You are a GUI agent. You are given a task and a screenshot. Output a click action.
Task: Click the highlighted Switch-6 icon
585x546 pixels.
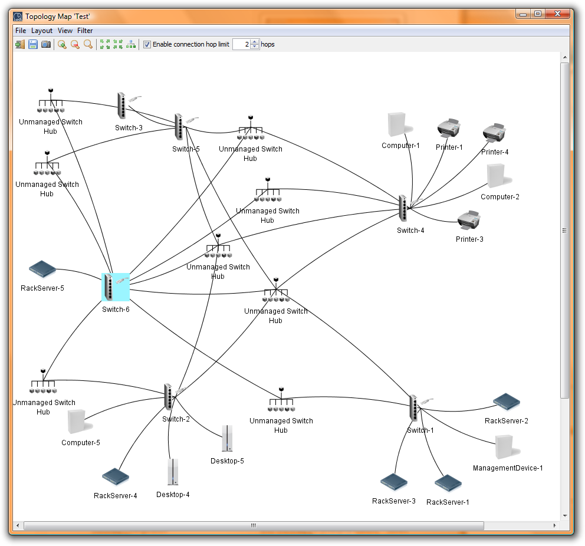point(115,288)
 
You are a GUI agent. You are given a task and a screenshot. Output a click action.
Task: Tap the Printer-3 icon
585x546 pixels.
point(469,220)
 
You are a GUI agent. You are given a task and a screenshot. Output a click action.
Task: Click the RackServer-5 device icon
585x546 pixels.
point(42,270)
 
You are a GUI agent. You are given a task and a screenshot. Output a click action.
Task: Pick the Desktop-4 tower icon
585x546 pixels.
point(172,472)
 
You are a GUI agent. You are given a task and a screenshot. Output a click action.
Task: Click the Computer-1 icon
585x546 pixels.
point(399,125)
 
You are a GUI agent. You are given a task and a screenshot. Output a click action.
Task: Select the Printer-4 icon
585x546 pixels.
point(494,133)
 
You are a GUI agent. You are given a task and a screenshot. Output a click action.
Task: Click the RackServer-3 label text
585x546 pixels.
point(393,501)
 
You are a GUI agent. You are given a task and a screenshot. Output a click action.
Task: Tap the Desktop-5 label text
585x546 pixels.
point(227,461)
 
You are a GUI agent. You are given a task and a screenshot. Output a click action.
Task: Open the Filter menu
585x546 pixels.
point(85,31)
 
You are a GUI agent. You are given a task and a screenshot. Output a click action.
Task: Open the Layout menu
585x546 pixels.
point(42,31)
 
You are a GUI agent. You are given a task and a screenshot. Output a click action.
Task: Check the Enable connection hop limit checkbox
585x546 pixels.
point(147,44)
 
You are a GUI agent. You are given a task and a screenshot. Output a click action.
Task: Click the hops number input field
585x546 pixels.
point(241,44)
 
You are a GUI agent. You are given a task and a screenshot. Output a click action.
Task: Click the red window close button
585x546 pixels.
point(557,13)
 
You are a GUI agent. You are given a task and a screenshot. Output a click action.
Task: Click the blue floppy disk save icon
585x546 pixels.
point(33,44)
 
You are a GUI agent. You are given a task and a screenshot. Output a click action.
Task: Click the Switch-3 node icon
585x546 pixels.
point(122,106)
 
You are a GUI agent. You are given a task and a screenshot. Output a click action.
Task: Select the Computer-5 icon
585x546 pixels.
point(76,422)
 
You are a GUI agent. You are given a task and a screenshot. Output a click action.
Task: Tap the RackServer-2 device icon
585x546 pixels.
point(506,402)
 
